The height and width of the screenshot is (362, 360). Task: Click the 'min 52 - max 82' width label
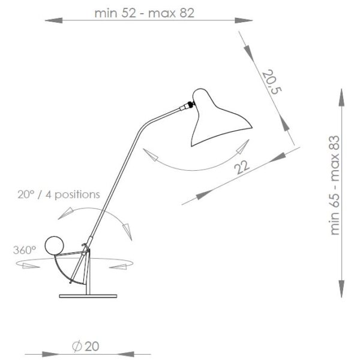145,13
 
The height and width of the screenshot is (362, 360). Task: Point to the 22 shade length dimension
242,167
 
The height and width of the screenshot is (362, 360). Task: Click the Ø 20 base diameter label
85,347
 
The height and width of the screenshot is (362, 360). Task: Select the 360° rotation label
25,249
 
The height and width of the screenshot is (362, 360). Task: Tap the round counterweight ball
55,245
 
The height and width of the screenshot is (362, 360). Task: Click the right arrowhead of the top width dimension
242,21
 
